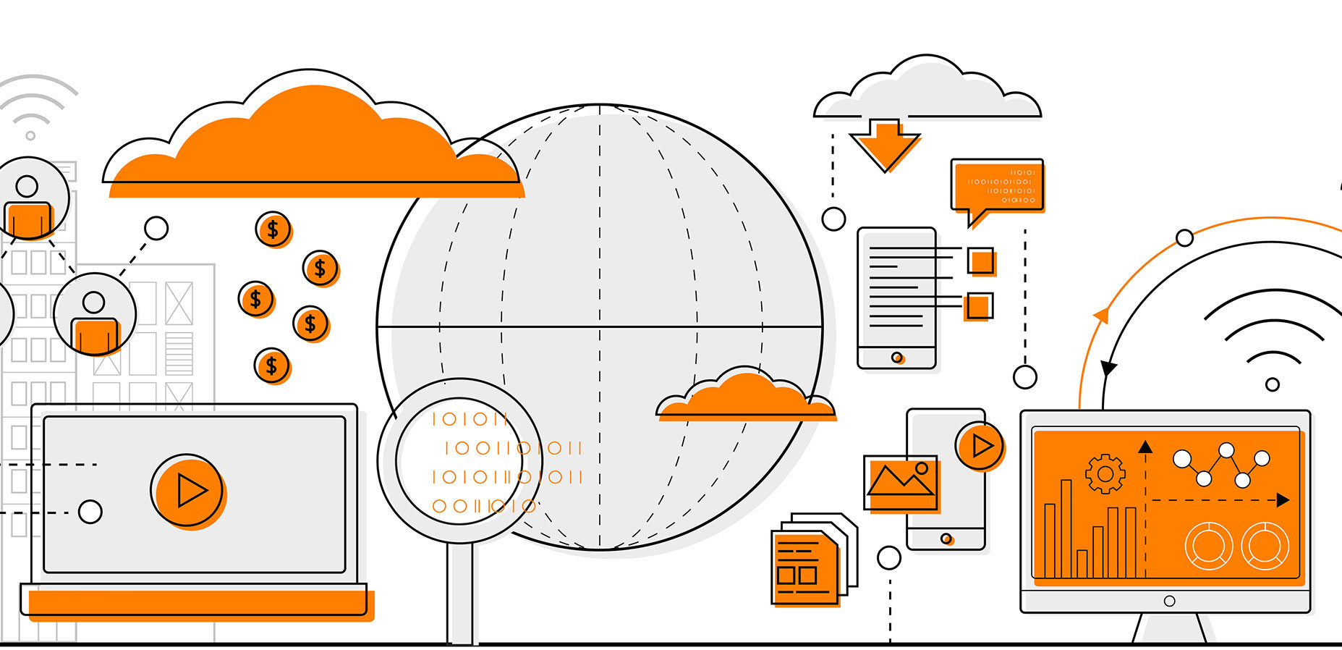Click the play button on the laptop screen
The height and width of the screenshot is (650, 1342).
(188, 491)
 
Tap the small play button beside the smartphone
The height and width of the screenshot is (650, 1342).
(980, 445)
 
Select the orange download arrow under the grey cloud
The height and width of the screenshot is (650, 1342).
(885, 145)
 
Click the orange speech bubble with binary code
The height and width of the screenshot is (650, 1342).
(998, 187)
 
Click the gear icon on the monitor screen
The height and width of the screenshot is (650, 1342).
(1105, 474)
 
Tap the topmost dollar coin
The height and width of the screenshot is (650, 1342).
(273, 229)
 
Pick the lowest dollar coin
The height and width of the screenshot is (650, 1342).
(271, 366)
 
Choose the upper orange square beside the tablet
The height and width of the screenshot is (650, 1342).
(982, 261)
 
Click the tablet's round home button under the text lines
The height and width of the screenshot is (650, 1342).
(897, 358)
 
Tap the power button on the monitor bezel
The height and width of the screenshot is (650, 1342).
(1169, 601)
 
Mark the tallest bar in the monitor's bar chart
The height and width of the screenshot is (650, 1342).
(1066, 528)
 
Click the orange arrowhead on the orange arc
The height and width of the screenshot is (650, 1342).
(1102, 316)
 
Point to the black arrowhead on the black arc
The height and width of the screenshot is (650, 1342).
(1108, 368)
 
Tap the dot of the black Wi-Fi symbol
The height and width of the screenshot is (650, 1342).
(1273, 384)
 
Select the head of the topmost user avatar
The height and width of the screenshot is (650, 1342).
(27, 186)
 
